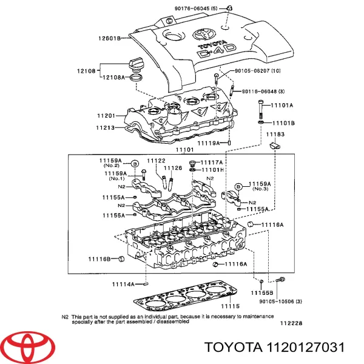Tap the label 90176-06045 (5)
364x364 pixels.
coord(200,8)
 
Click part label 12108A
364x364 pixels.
coord(113,77)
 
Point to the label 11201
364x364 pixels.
coord(107,115)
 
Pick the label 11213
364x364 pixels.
coord(107,127)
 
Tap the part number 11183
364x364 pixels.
coord(275,134)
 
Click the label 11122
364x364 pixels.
coord(156,160)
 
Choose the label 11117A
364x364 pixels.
coord(212,163)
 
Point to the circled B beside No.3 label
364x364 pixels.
coord(238,186)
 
